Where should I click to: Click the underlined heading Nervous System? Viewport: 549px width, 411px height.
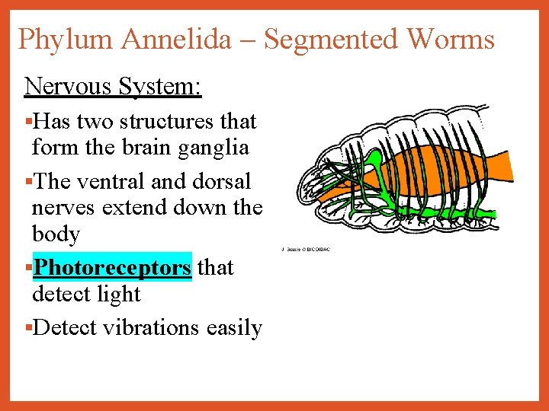coord(113,86)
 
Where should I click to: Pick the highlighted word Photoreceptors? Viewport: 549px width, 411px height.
coord(113,268)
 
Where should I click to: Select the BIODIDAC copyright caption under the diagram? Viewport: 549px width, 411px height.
coord(307,249)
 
